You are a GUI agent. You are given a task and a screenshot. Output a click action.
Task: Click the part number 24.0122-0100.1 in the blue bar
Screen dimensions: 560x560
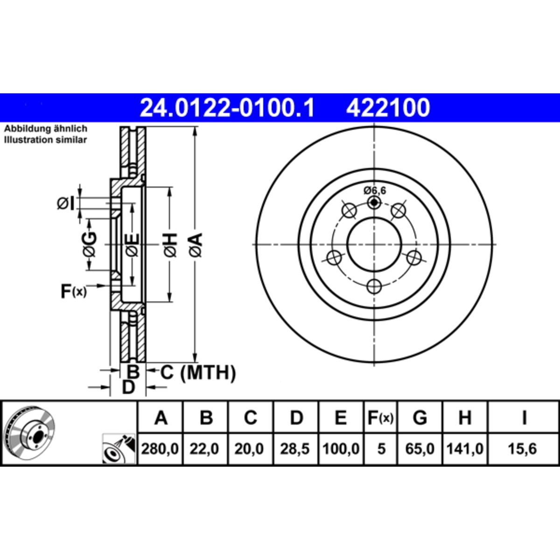[x=227, y=107]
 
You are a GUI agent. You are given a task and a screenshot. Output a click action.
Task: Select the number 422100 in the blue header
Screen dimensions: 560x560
[x=388, y=107]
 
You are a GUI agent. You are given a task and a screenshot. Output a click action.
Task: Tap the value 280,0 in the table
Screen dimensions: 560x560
[x=160, y=449]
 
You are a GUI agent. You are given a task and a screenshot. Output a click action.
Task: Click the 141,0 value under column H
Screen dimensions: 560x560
[x=465, y=449]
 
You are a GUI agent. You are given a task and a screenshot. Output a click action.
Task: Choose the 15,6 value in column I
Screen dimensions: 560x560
[x=522, y=449]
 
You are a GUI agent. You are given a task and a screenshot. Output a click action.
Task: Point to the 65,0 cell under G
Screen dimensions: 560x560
[x=420, y=449]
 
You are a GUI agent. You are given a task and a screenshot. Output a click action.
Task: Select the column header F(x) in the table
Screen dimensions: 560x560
[x=380, y=418]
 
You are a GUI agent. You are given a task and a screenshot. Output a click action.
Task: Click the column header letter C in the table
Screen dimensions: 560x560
[x=250, y=418]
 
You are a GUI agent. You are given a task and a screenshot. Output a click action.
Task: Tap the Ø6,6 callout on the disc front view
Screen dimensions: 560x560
[x=375, y=191]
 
